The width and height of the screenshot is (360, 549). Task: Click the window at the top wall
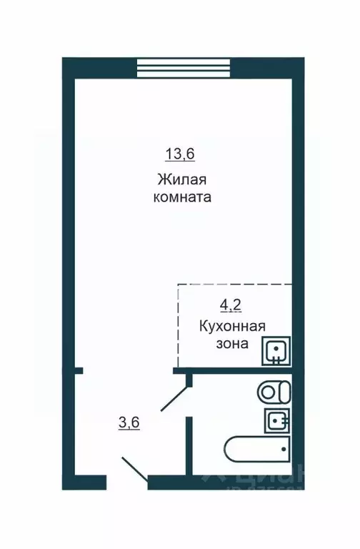coord(184,68)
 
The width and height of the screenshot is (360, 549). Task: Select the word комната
coord(181,198)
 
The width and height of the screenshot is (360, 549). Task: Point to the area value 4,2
coord(230,306)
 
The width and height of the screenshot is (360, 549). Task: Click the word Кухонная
coord(232,327)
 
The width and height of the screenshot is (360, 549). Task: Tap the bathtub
coord(258,450)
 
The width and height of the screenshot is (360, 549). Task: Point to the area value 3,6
coord(129,422)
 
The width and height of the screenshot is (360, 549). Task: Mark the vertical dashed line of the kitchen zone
coord(178,325)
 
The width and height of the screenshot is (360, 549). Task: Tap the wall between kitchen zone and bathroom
coord(236,371)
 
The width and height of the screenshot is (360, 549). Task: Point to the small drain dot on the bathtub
coord(284,450)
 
